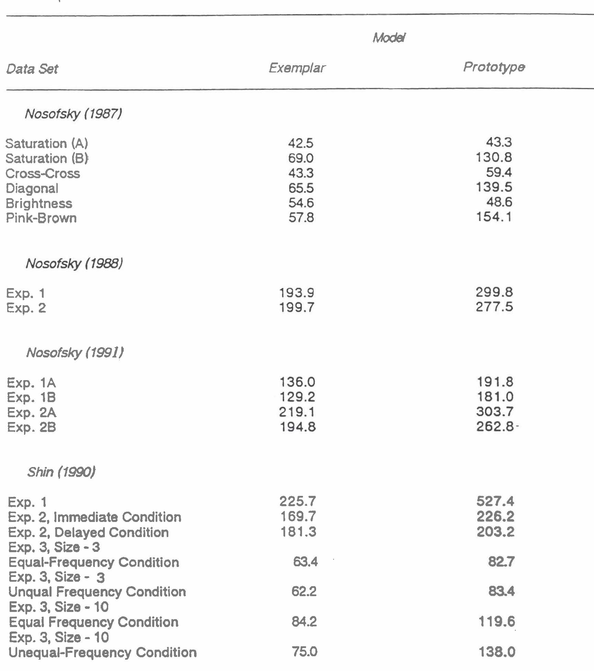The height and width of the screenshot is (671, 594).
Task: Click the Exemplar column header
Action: [x=296, y=68]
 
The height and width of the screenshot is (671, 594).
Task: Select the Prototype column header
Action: [x=494, y=67]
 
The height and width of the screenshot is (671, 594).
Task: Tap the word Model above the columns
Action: [x=389, y=38]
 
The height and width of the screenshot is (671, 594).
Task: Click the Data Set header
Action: [x=32, y=69]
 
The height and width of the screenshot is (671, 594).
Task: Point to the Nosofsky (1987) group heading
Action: [x=73, y=114]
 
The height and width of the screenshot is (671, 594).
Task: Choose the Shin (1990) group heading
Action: [x=61, y=472]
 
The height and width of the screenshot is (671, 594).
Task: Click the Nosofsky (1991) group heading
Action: [x=75, y=353]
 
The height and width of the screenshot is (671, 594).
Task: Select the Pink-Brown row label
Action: [x=41, y=218]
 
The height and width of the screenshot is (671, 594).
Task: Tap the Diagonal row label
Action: [x=32, y=188]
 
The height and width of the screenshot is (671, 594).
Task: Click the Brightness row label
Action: [x=39, y=203]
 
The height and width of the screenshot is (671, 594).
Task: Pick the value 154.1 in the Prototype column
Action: [x=494, y=217]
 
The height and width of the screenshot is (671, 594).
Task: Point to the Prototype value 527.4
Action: [x=495, y=502]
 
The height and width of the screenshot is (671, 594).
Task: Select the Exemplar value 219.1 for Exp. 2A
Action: [x=297, y=412]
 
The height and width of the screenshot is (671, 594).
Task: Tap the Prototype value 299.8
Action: [x=494, y=292]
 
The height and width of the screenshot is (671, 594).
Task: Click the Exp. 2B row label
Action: [x=31, y=427]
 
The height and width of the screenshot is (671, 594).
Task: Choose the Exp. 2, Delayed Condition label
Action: [x=88, y=532]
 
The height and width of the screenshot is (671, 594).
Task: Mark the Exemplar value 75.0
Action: [x=304, y=651]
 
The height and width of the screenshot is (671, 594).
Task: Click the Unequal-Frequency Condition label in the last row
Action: [x=102, y=652]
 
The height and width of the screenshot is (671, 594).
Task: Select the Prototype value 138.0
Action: [x=497, y=652]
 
